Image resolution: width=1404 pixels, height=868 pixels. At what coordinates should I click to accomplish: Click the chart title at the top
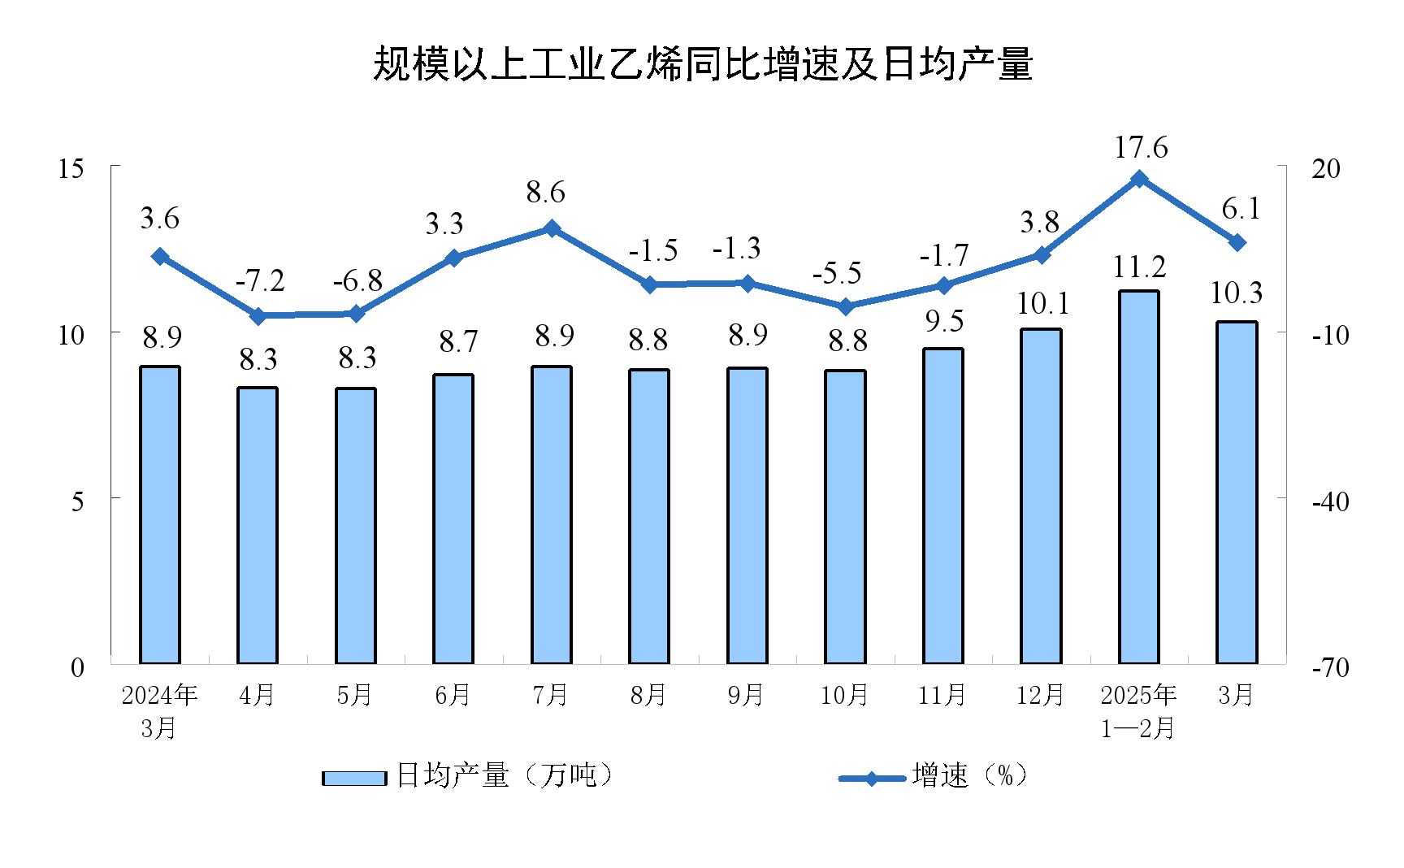click(x=702, y=64)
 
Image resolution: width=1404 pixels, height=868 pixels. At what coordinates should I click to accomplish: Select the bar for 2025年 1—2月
click(x=1139, y=477)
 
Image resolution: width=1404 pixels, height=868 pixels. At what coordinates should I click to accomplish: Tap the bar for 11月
click(x=943, y=506)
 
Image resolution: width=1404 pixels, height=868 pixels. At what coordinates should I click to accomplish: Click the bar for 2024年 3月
click(x=160, y=514)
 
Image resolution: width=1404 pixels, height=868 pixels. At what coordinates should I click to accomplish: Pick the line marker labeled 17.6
click(x=1139, y=179)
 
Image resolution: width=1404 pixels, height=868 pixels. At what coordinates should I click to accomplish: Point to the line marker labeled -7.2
click(x=258, y=315)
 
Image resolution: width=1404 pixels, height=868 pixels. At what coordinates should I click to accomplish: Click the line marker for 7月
click(x=552, y=228)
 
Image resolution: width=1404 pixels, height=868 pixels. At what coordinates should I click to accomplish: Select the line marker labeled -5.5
click(x=845, y=306)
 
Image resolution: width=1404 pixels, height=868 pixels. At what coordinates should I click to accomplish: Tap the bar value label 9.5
click(x=944, y=322)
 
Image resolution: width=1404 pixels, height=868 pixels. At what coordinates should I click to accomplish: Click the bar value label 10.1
click(x=1042, y=304)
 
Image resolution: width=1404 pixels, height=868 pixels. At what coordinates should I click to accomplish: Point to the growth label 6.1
click(x=1241, y=209)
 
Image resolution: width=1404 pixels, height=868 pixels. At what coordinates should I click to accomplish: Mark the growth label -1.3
click(x=736, y=249)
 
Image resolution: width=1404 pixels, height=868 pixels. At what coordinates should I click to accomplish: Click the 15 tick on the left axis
click(x=71, y=168)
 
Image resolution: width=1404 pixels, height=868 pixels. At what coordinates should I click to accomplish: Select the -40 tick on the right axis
click(x=1331, y=501)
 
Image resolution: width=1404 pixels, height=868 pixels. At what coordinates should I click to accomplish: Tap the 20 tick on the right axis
click(x=1326, y=168)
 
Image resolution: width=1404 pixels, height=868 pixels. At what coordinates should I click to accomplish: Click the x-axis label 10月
click(x=844, y=695)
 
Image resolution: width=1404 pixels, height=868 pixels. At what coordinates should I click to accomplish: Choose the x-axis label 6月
click(x=453, y=695)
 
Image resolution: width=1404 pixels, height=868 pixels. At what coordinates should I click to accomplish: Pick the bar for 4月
click(x=258, y=525)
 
